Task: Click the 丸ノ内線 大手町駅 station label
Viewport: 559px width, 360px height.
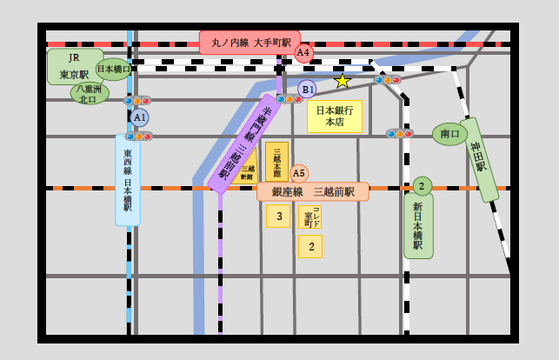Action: [x=249, y=43]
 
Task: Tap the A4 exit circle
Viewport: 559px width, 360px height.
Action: [x=303, y=53]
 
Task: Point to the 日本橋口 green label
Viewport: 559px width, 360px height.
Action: [x=114, y=69]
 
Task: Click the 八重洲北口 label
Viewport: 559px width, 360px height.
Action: [x=89, y=94]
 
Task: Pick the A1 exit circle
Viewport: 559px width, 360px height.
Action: [x=139, y=117]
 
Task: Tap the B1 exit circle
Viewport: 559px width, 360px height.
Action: [x=307, y=89]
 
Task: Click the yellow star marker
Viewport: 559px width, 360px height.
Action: [x=343, y=81]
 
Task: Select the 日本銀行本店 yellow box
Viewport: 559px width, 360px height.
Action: [x=334, y=117]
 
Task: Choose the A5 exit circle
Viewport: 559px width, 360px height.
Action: [x=299, y=174]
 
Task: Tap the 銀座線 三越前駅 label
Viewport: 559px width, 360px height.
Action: [x=313, y=191]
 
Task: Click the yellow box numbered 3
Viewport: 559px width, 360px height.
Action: [x=278, y=216]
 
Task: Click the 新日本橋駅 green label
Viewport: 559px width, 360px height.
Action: [x=418, y=225]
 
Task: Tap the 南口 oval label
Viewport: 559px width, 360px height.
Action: [x=449, y=134]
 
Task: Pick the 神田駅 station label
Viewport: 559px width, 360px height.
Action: [x=479, y=159]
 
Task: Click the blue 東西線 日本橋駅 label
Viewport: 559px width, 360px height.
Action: [x=127, y=180]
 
